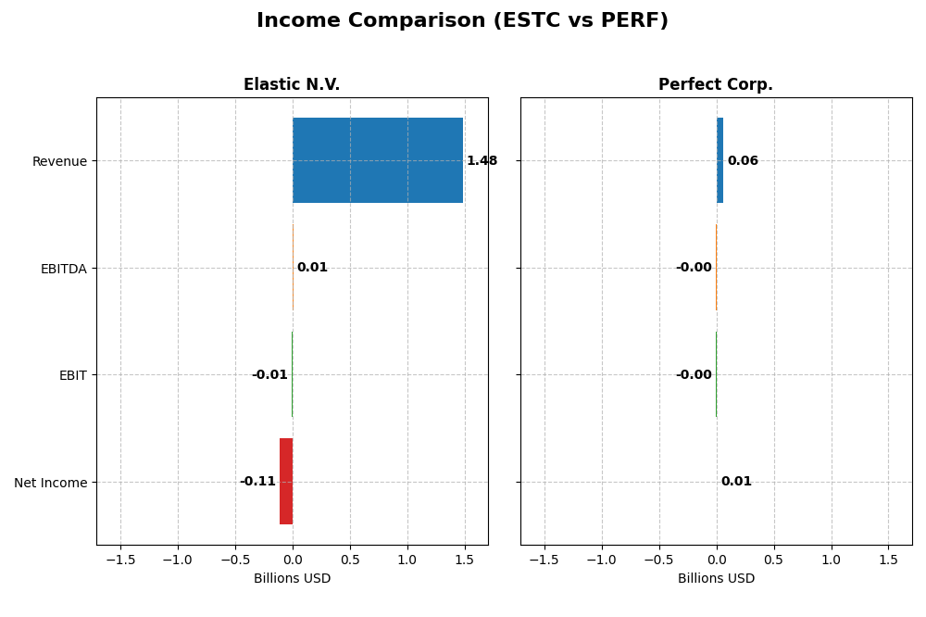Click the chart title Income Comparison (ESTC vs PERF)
(462, 20)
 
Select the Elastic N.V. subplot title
(292, 84)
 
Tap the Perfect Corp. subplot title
(715, 84)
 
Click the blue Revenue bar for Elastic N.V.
(377, 160)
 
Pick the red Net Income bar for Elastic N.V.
(286, 481)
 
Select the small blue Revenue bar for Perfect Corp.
(720, 160)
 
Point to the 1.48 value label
(482, 160)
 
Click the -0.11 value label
(257, 481)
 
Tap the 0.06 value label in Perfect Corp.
(743, 160)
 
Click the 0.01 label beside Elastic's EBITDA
(312, 268)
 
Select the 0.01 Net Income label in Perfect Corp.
(736, 481)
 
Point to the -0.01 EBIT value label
(269, 375)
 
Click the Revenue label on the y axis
(59, 161)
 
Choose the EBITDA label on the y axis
(63, 269)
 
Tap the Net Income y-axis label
(50, 482)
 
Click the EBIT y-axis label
(72, 375)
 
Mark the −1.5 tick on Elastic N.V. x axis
(119, 560)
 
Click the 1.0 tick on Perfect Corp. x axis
(831, 560)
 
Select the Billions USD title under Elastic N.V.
(292, 578)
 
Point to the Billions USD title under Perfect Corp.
(716, 578)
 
